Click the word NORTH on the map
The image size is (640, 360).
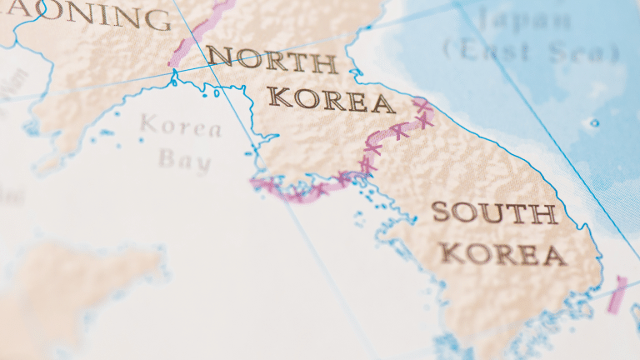(272, 60)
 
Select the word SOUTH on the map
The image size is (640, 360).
(494, 213)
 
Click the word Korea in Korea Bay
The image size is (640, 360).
(181, 127)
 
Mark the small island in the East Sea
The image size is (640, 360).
(593, 123)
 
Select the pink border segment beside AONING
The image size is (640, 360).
(200, 33)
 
